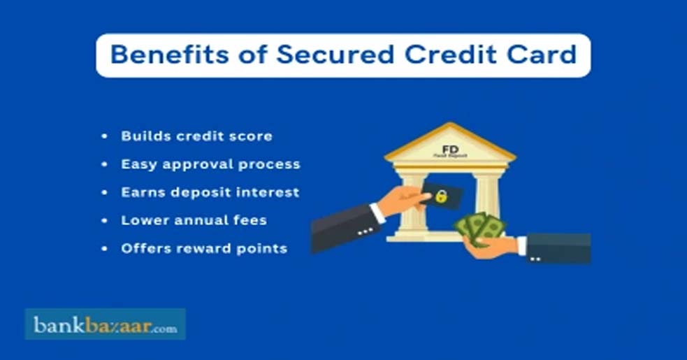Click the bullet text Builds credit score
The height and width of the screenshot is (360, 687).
coord(196,136)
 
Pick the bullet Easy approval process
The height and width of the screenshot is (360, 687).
coord(210,164)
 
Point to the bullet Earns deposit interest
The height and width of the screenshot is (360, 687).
coord(210,192)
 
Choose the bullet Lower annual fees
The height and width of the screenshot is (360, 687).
coord(194,220)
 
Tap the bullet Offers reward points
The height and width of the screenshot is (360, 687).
coord(204,248)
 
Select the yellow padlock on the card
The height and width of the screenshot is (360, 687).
coord(441,198)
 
